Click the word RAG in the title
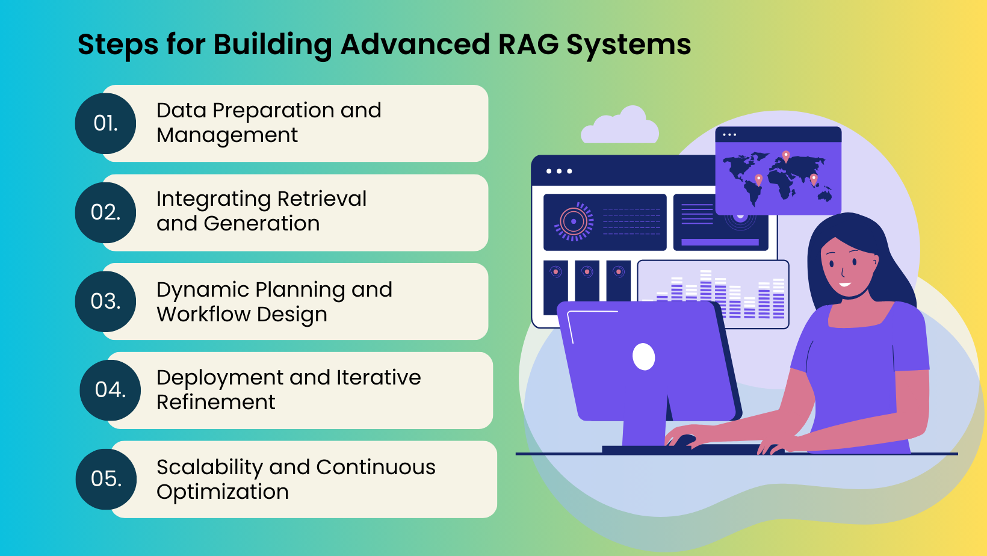[x=528, y=45]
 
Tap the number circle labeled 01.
[x=105, y=123]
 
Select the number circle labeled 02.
[x=105, y=212]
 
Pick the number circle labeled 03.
[x=105, y=301]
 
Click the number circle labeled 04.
[x=110, y=390]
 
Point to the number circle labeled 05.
[x=106, y=479]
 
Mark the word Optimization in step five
[x=223, y=492]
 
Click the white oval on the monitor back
[x=644, y=357]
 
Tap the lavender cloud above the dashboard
[x=620, y=128]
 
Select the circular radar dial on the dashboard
[x=574, y=221]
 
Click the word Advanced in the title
[x=415, y=45]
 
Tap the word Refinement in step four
[x=216, y=403]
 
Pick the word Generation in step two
[x=262, y=224]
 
